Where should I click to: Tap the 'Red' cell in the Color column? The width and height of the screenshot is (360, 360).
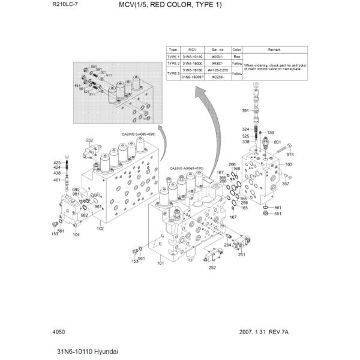(236, 56)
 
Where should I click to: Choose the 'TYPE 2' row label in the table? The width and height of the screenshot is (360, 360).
(173, 63)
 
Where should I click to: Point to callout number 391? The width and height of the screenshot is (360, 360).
(245, 111)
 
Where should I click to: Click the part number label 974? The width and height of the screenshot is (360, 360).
(290, 154)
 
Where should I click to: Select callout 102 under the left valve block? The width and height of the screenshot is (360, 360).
(100, 228)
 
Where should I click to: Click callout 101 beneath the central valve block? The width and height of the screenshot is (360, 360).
(160, 263)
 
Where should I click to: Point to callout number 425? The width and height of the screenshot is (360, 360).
(57, 163)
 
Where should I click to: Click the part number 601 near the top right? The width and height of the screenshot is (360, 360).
(277, 142)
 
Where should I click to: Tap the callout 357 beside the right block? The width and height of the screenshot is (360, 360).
(286, 184)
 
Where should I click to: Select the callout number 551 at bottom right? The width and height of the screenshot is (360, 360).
(277, 214)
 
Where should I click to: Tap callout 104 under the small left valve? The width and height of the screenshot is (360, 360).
(76, 235)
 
